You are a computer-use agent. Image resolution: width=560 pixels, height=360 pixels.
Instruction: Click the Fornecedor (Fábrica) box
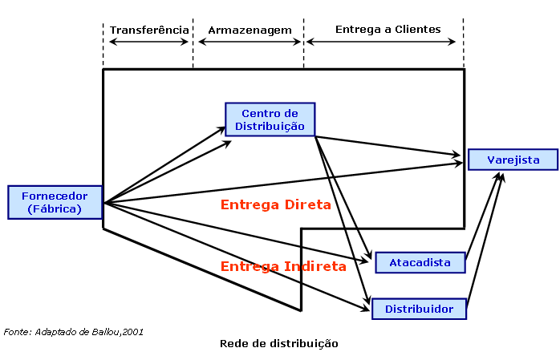(54, 202)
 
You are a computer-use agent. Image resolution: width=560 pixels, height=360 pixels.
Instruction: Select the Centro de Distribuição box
(270, 119)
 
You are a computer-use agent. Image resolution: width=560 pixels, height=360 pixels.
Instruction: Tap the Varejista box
(512, 160)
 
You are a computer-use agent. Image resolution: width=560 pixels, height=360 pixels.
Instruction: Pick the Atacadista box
(420, 262)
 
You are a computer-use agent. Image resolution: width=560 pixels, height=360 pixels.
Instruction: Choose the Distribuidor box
(419, 309)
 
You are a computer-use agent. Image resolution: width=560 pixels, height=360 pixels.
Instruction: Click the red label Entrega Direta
(275, 204)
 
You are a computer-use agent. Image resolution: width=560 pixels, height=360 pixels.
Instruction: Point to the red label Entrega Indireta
(282, 265)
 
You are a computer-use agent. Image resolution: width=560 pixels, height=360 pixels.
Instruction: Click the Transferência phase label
(149, 30)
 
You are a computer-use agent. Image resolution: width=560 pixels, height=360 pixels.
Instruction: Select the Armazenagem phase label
(250, 30)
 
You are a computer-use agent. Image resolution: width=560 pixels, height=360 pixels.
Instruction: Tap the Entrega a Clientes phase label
(388, 29)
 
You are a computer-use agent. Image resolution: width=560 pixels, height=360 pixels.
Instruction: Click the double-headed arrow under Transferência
(148, 41)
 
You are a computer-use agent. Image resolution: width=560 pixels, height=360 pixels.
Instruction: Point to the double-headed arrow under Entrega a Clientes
(383, 41)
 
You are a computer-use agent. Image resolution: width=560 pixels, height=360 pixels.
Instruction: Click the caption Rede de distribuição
(278, 343)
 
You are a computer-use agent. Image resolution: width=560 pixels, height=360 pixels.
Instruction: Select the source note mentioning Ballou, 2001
(74, 330)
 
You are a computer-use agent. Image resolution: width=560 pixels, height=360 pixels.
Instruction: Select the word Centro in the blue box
(258, 114)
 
